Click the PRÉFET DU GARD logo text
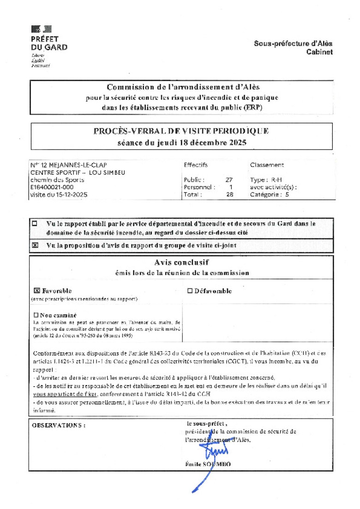click(x=48, y=43)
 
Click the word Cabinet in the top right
click(x=319, y=52)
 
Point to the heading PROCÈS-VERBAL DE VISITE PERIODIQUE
click(x=181, y=131)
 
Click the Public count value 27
click(x=229, y=180)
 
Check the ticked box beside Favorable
click(x=37, y=291)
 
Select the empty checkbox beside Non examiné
click(x=36, y=315)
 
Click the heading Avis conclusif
click(x=181, y=263)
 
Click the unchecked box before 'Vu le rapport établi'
click(x=34, y=224)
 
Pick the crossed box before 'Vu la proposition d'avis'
click(x=35, y=246)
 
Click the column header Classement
click(x=267, y=165)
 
